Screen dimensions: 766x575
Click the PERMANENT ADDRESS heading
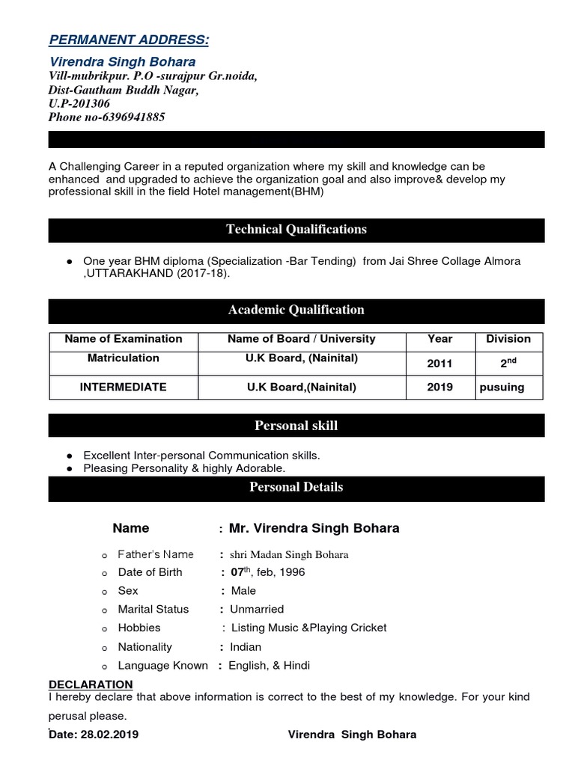pos(129,39)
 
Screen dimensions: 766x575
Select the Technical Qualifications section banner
pos(296,230)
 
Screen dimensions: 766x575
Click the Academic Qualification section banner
pos(296,310)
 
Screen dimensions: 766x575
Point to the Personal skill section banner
pos(296,426)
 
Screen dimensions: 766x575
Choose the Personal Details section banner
pos(296,487)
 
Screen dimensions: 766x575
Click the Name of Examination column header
pos(124,339)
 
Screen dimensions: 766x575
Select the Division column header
pos(508,339)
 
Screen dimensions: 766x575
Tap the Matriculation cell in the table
pos(124,358)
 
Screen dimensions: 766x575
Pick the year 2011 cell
pos(440,364)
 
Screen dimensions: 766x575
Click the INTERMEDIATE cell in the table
pos(124,387)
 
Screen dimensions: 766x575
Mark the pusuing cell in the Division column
pos(502,387)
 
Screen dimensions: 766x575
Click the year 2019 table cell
pos(440,387)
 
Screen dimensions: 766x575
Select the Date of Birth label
pos(150,572)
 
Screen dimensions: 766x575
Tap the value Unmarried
pos(257,610)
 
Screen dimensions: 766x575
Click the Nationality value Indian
pos(246,647)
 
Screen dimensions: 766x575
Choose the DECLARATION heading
pos(91,684)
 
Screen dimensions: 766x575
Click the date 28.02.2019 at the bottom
pos(112,735)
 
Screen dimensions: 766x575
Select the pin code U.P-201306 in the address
pos(79,104)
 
